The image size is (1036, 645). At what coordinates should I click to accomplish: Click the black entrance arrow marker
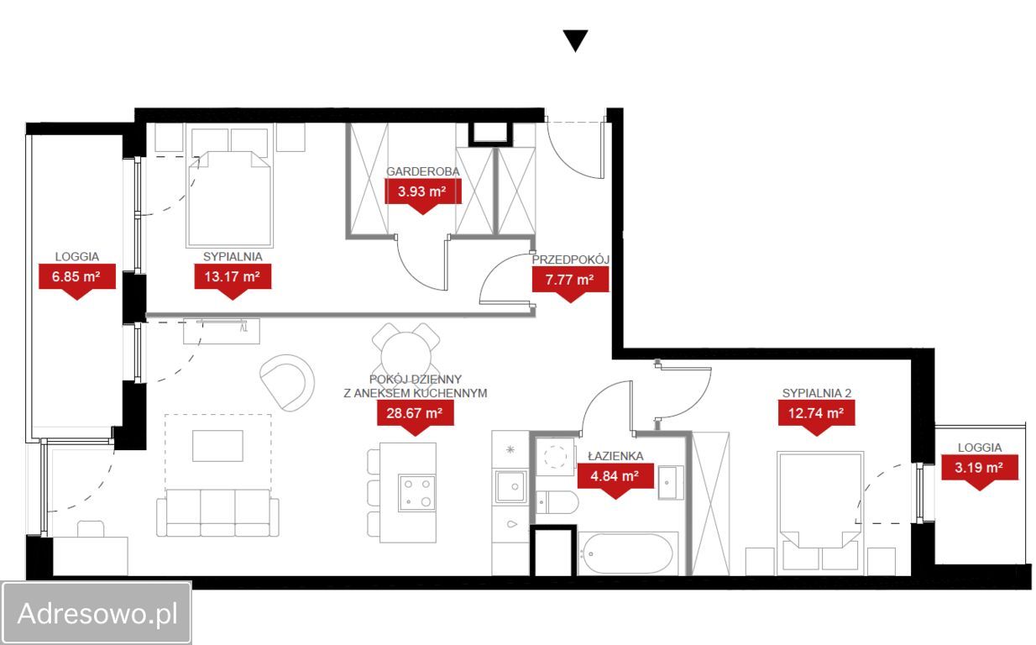[575, 40]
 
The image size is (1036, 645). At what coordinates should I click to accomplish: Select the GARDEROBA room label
[423, 171]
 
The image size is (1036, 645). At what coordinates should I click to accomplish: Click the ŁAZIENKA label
[615, 456]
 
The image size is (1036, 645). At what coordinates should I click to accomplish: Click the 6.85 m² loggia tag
[76, 281]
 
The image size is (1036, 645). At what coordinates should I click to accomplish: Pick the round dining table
[406, 357]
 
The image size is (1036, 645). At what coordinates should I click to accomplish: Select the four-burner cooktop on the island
[416, 493]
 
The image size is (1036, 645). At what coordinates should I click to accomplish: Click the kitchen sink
[510, 487]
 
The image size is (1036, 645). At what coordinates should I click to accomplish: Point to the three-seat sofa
[217, 512]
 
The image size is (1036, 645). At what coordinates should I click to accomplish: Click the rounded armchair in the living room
[287, 382]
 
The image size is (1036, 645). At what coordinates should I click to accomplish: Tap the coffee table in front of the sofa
[217, 446]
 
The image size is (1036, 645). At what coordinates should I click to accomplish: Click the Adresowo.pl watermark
[97, 614]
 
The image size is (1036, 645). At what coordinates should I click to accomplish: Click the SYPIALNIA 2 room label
[816, 393]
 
